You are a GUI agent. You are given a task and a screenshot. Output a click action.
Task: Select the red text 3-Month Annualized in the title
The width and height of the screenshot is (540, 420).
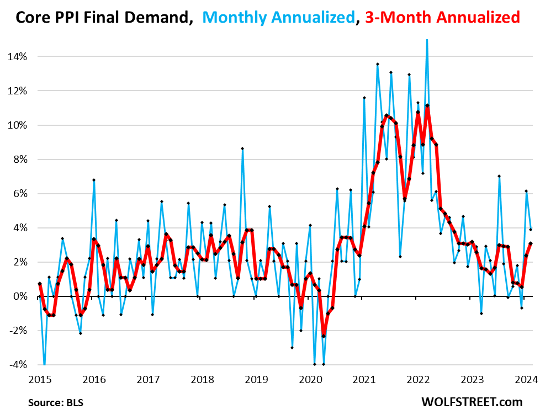coord(441,18)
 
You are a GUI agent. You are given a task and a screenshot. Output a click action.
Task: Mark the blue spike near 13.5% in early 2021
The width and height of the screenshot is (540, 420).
coord(378,64)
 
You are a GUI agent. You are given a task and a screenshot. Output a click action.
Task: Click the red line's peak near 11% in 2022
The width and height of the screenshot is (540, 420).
coord(427,105)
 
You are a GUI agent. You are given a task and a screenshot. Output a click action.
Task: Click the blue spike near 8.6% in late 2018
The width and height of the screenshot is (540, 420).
coord(242,148)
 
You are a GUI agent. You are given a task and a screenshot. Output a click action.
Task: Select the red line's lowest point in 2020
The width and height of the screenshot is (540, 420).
coord(324,336)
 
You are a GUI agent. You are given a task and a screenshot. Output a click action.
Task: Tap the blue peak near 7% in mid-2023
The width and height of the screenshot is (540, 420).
coord(499,176)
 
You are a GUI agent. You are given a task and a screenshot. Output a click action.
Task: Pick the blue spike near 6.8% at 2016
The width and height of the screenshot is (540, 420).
coord(94,180)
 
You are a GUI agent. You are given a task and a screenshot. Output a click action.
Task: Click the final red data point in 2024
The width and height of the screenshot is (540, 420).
coord(531,243)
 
